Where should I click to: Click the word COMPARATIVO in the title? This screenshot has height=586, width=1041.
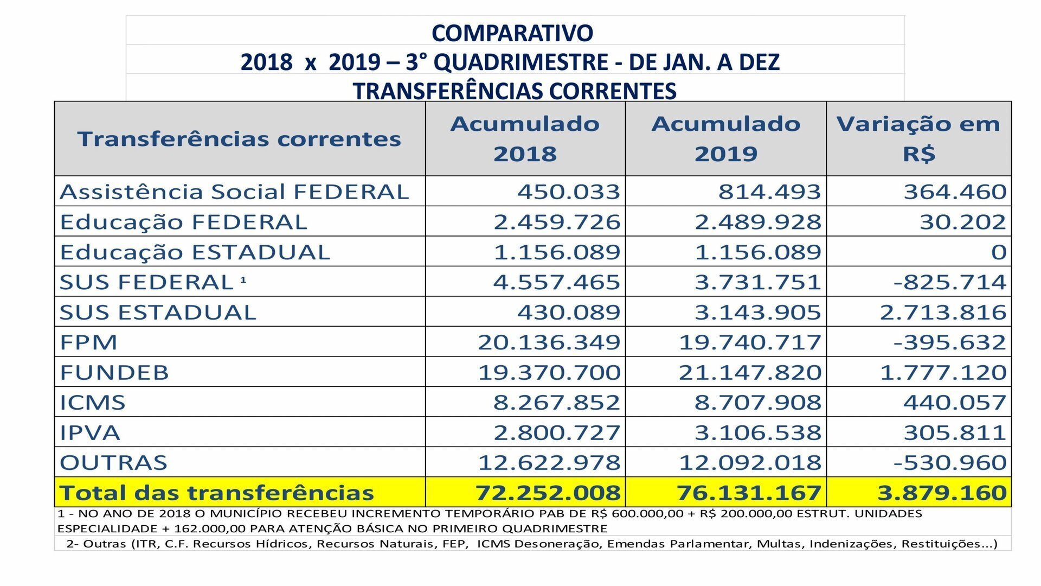(x=512, y=33)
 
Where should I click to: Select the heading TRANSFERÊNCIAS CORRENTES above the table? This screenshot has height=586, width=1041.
(x=515, y=91)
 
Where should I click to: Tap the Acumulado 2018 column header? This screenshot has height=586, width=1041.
(x=525, y=138)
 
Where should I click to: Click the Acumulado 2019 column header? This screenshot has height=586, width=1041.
(x=726, y=138)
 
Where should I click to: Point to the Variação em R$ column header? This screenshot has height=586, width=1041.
(x=918, y=138)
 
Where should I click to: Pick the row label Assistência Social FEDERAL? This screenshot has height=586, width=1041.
(x=234, y=192)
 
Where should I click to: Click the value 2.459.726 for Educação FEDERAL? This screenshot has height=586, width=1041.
(x=557, y=222)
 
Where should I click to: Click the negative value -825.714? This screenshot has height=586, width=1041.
(x=950, y=282)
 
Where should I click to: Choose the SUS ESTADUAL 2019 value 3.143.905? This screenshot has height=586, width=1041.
(x=758, y=313)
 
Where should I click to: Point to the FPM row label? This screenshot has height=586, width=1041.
(x=88, y=342)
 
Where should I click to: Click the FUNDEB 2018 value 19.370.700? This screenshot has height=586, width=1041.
(x=549, y=373)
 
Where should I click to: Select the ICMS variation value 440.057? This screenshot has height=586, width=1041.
(x=955, y=403)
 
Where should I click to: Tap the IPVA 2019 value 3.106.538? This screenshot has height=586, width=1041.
(x=758, y=433)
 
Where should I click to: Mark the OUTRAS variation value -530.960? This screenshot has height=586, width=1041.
(x=950, y=463)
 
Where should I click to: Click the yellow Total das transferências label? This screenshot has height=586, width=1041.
(x=217, y=493)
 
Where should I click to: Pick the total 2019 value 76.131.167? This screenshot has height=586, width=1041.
(x=749, y=493)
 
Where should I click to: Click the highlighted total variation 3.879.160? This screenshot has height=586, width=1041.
(x=942, y=493)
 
